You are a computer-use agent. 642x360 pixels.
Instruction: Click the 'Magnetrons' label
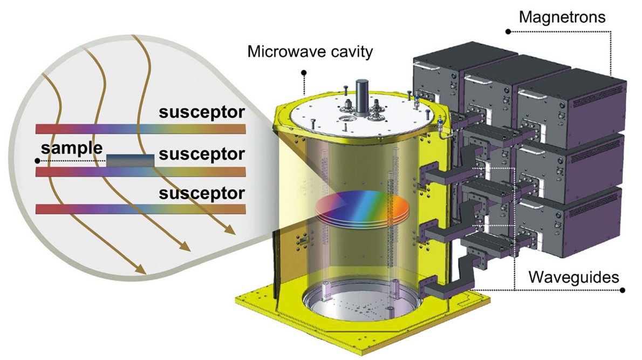[562, 17]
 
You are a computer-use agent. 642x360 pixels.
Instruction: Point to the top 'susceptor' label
[201, 113]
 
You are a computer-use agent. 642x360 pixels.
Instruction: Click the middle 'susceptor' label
[201, 154]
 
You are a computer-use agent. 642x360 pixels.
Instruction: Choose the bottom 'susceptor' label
[201, 193]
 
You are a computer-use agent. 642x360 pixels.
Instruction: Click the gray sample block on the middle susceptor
[130, 160]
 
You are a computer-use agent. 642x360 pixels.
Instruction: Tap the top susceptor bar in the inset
[140, 129]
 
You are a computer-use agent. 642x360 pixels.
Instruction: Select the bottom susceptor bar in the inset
[140, 209]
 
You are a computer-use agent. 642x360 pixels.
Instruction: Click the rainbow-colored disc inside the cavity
[359, 208]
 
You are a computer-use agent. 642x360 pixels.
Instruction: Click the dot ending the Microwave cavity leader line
[304, 72]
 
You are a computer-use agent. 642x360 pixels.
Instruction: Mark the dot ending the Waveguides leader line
[623, 290]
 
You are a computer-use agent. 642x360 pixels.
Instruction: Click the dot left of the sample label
[37, 161]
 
